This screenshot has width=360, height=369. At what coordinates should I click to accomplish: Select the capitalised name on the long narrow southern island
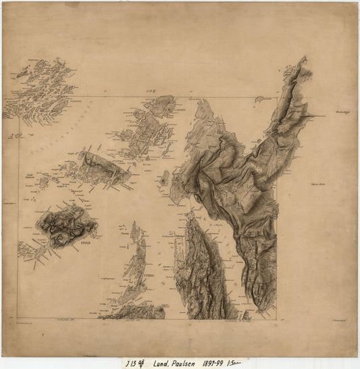tap(149, 276)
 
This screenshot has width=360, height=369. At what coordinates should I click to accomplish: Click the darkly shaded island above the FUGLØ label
tap(66, 224)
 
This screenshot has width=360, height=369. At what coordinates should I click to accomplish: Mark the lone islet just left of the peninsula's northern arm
tap(259, 99)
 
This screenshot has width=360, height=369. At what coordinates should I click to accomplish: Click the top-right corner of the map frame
tap(278, 96)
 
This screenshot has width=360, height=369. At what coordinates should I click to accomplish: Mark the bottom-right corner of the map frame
tap(278, 318)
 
